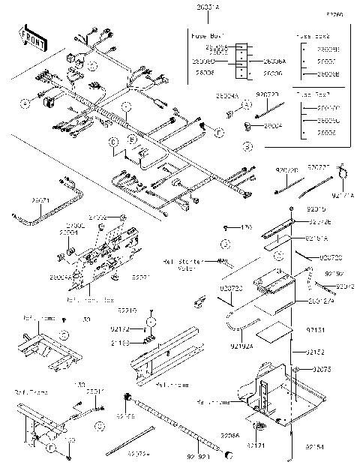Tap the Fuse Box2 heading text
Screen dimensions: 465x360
(x=313, y=34)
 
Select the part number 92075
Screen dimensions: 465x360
(x=322, y=370)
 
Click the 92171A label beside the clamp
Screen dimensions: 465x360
(x=341, y=194)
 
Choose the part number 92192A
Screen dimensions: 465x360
(x=241, y=346)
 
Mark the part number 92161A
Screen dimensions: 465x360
(x=317, y=238)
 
